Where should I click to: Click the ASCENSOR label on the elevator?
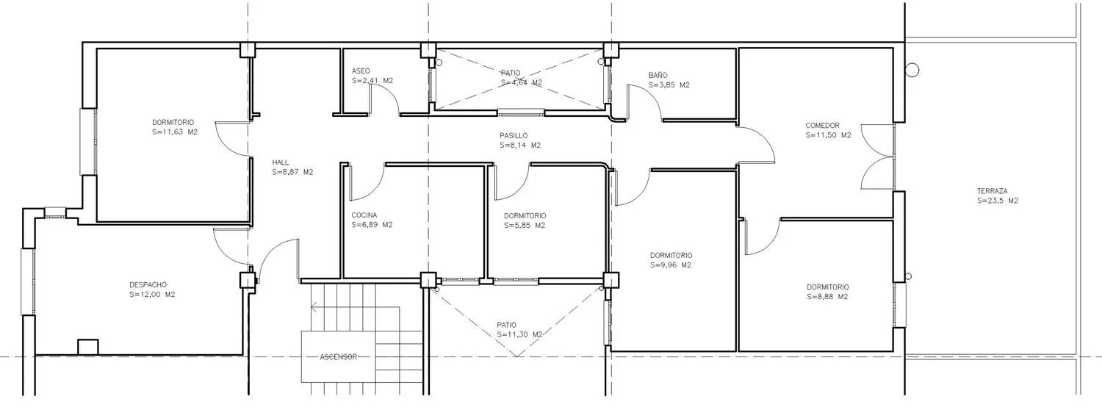click(339, 357)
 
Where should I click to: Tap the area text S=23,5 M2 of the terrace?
click(998, 201)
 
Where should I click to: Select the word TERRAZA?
click(993, 191)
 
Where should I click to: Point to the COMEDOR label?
click(823, 126)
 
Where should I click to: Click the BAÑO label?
click(658, 75)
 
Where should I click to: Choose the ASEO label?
click(361, 71)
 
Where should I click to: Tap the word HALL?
click(281, 162)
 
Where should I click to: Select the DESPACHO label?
click(148, 285)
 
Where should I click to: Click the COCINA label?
click(364, 215)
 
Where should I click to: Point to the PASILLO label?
click(514, 136)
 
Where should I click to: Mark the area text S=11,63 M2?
click(175, 132)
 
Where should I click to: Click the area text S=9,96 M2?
click(671, 265)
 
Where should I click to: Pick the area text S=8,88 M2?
click(827, 297)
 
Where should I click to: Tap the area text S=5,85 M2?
click(525, 226)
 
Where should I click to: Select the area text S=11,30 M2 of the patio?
click(519, 334)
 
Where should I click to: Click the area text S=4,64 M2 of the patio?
click(522, 83)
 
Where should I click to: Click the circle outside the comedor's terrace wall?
click(912, 71)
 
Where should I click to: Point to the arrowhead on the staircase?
click(314, 308)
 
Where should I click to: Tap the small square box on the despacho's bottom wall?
click(88, 347)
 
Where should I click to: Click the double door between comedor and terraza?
click(877, 157)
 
